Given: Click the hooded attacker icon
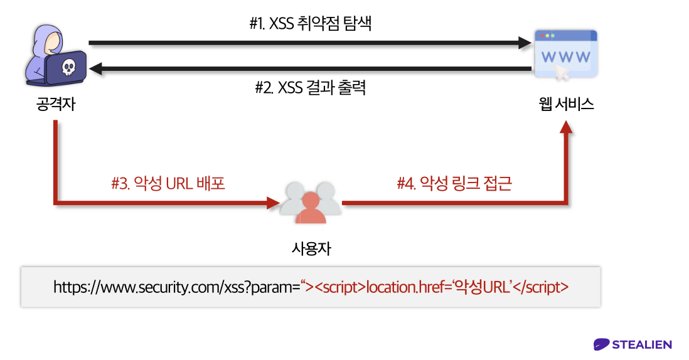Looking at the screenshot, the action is (x=55, y=55).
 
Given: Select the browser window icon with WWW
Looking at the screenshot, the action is (x=565, y=55).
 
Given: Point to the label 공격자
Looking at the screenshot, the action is (x=56, y=104).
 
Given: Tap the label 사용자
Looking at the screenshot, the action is (x=311, y=248).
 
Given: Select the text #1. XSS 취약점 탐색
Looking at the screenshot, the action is (x=311, y=24).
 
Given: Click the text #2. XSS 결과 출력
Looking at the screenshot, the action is (x=310, y=88).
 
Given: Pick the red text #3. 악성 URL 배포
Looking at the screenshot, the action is (x=168, y=184).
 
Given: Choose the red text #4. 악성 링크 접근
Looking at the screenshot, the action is (x=454, y=184).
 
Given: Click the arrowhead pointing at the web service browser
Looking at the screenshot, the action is (x=525, y=43).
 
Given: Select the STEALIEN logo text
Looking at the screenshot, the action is (x=641, y=344).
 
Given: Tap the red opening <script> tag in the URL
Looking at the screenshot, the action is (x=339, y=287).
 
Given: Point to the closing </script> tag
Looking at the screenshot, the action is (x=540, y=287).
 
